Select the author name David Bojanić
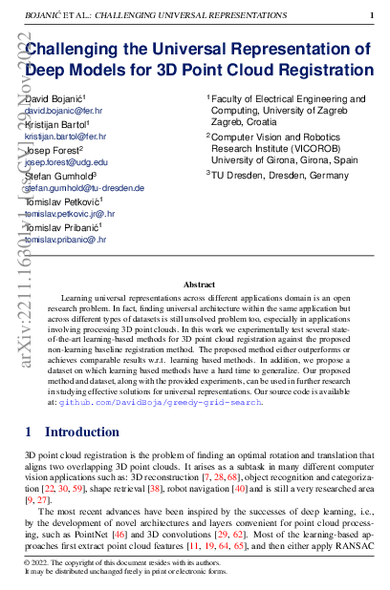click(55, 98)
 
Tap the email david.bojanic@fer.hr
click(62, 111)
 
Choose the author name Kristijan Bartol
click(56, 124)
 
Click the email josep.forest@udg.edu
click(66, 162)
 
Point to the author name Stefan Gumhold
click(58, 176)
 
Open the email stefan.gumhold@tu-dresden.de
click(84, 188)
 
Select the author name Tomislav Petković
click(63, 201)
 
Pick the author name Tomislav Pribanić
click(62, 227)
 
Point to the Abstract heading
click(199, 284)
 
